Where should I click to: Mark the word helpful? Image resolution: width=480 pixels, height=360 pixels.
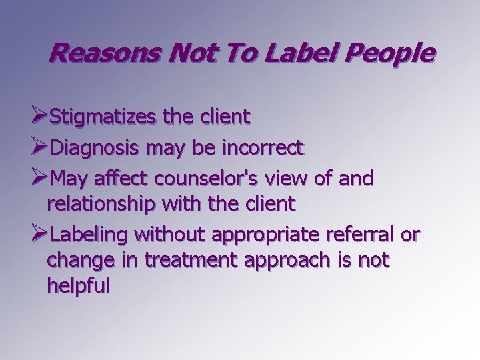[78, 286]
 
